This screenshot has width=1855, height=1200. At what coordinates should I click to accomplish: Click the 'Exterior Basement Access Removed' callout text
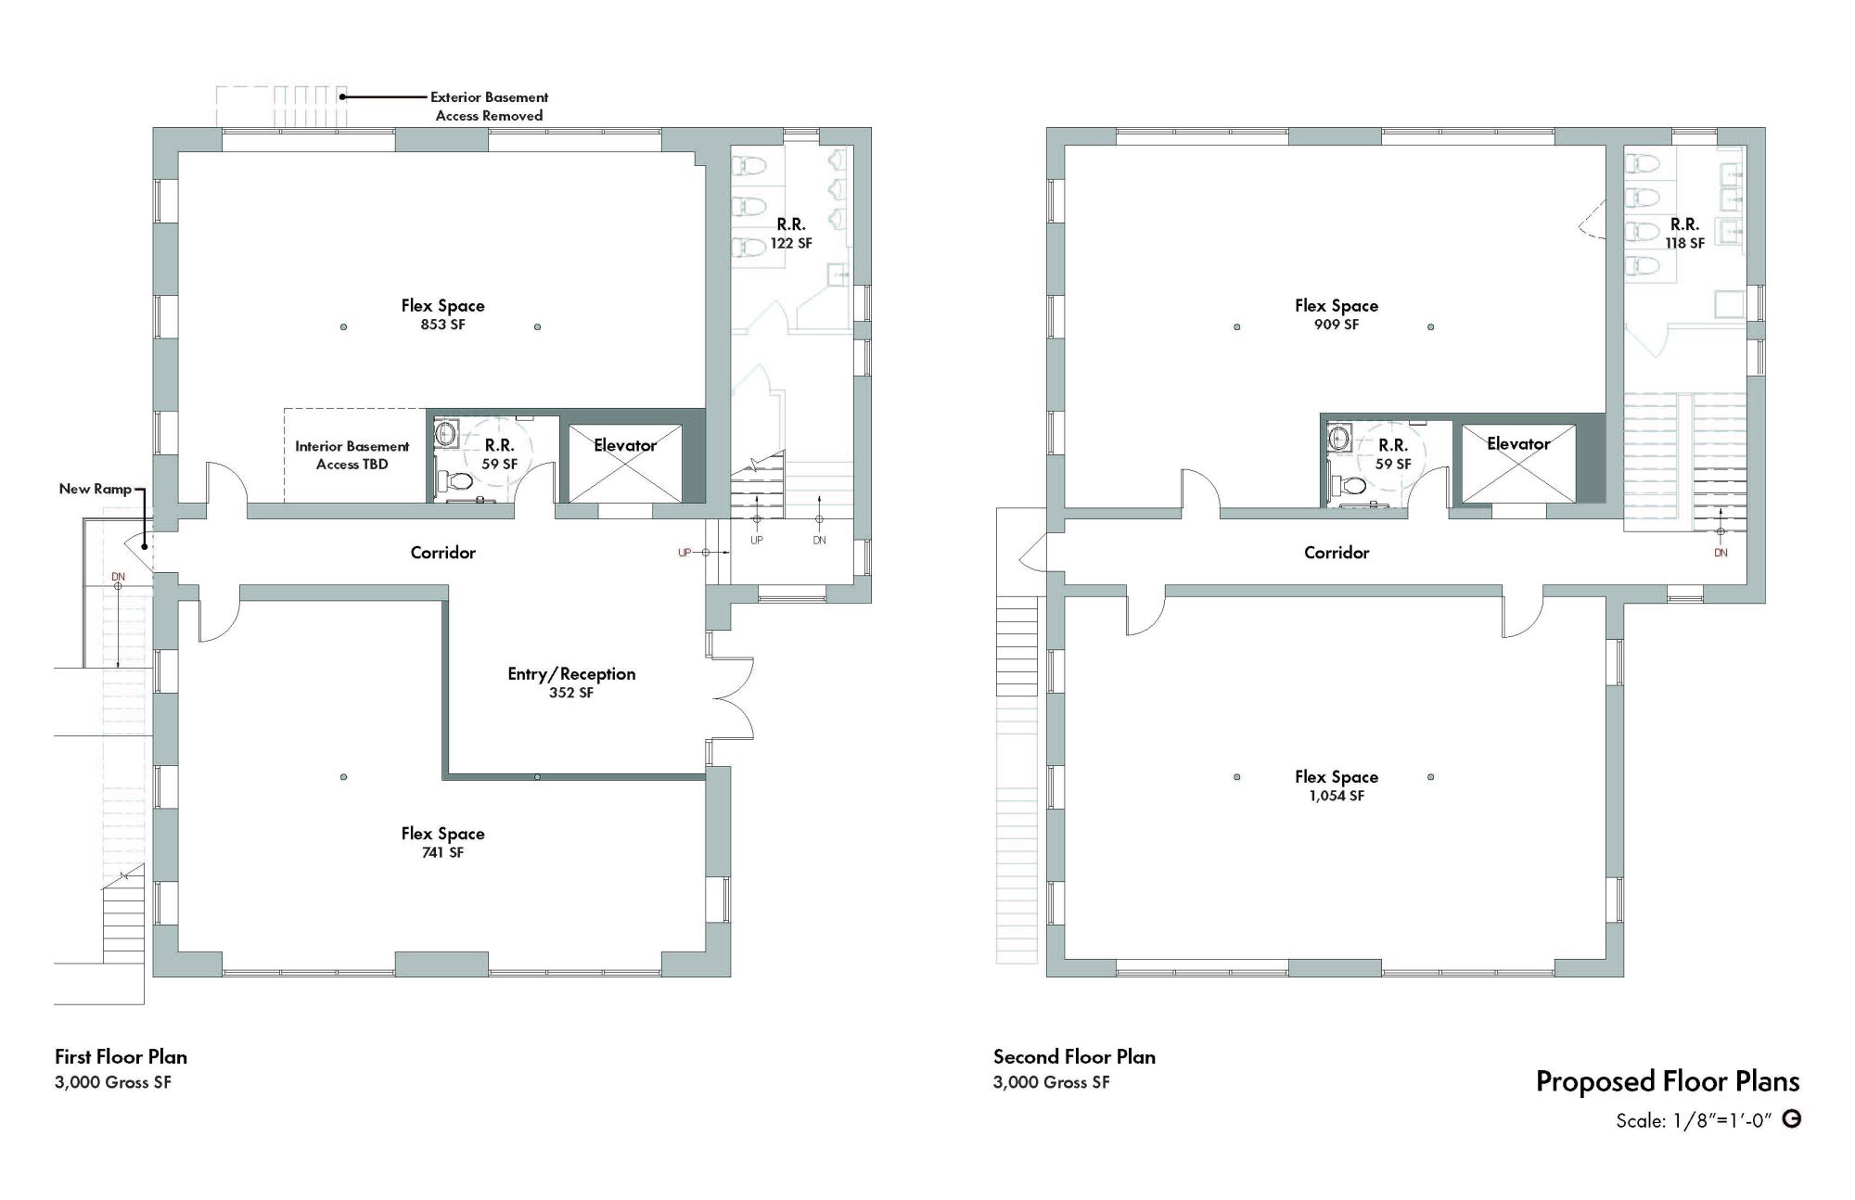[x=489, y=107]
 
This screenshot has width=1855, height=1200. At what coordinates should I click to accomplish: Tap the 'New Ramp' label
[x=95, y=489]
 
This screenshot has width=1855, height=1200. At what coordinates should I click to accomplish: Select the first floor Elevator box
[x=625, y=464]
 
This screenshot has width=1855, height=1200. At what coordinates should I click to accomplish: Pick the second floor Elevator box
[x=1518, y=464]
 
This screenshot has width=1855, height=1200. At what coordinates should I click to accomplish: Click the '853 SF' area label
[x=442, y=325]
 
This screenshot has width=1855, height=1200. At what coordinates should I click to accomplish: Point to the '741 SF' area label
[x=442, y=853]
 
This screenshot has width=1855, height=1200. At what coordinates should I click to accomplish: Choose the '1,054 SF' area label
[x=1337, y=796]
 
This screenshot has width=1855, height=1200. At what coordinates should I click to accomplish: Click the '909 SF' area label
[x=1337, y=325]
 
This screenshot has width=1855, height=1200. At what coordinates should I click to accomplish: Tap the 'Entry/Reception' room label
[x=571, y=674]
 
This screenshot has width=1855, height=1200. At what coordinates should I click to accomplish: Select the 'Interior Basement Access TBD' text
[x=352, y=455]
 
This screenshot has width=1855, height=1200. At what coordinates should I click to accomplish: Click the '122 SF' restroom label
[x=791, y=244]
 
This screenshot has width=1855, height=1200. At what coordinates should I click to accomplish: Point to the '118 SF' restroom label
[x=1684, y=244]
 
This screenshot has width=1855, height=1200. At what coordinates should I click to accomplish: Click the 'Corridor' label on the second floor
[x=1337, y=553]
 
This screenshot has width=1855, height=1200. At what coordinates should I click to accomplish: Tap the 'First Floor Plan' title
[x=121, y=1057]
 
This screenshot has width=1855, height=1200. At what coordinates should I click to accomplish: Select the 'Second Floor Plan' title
[x=1074, y=1057]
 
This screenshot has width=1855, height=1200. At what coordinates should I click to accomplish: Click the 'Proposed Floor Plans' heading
[x=1668, y=1081]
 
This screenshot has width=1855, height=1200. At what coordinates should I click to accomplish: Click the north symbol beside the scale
[x=1793, y=1119]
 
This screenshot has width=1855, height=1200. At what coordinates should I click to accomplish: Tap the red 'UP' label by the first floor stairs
[x=684, y=553]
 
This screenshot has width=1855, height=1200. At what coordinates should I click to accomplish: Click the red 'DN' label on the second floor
[x=1721, y=553]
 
